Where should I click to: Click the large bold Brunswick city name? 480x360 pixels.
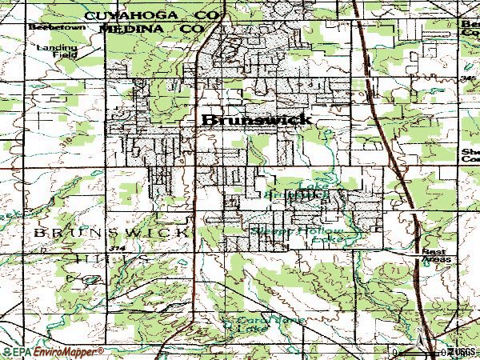click(x=257, y=120)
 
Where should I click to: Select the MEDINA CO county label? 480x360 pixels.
click(x=153, y=29)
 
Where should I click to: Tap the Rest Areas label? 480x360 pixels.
click(x=437, y=254)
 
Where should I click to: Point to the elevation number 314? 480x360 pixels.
click(x=119, y=250)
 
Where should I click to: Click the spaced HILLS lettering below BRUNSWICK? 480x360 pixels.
click(x=111, y=260)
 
